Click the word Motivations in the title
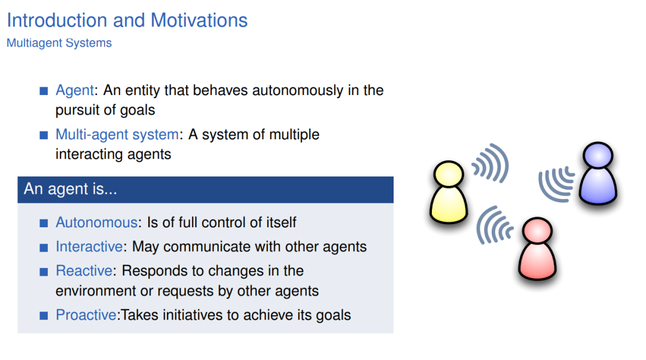click(199, 20)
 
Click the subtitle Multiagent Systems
click(59, 43)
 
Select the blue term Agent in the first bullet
click(75, 91)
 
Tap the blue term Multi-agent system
click(117, 135)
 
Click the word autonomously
click(297, 91)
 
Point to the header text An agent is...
click(71, 189)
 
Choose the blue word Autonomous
click(96, 222)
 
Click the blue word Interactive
click(89, 247)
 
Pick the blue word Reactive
click(84, 271)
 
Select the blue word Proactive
click(86, 315)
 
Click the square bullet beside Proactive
click(44, 316)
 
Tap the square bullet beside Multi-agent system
click(44, 135)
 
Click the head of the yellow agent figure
click(449, 174)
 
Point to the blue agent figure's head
click(598, 155)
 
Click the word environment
click(96, 291)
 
